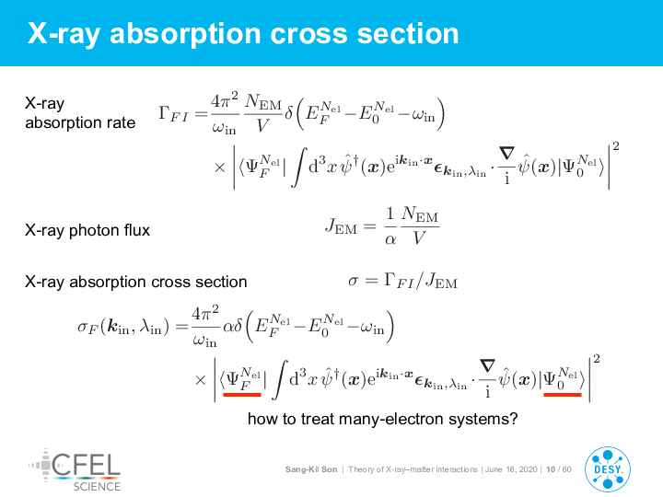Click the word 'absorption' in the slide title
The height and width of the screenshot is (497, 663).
185,34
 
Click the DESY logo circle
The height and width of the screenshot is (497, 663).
608,469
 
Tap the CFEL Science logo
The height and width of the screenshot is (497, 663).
75,470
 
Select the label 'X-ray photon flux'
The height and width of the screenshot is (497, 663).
87,230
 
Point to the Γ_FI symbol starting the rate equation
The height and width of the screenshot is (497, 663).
173,114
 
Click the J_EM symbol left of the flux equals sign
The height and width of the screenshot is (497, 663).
342,226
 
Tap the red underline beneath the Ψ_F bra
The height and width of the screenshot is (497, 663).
242,394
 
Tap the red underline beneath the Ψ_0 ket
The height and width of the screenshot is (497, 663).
563,394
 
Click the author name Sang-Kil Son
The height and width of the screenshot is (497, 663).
311,469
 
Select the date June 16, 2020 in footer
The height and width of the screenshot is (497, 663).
511,469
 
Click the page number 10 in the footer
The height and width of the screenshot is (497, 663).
551,469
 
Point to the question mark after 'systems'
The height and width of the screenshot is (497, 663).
514,419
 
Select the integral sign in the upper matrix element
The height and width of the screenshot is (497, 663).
299,168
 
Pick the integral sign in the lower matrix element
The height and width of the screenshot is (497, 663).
280,380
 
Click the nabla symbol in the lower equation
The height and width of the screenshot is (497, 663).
487,365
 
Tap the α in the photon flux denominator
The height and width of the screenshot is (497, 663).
390,239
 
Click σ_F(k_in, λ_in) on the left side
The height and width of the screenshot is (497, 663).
123,327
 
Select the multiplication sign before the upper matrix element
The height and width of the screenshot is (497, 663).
220,168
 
